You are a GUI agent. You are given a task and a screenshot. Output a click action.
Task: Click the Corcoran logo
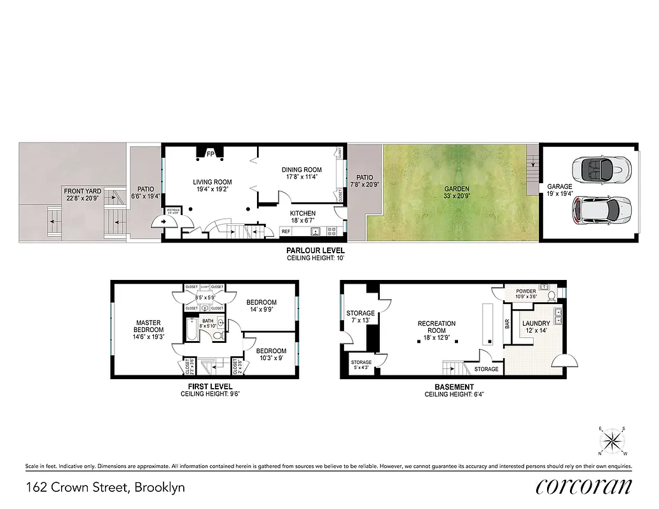click(584, 487)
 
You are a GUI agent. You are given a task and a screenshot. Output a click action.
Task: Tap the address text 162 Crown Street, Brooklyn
click(106, 488)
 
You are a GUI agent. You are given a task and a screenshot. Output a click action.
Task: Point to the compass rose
click(613, 441)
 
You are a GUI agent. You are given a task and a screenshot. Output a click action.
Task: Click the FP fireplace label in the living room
click(209, 154)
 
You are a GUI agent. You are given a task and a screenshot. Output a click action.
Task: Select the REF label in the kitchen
click(286, 231)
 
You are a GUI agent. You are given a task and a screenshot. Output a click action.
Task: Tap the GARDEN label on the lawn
click(457, 189)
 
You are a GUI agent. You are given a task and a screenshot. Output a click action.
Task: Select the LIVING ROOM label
click(212, 183)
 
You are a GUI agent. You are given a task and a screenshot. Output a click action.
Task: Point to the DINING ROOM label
click(302, 170)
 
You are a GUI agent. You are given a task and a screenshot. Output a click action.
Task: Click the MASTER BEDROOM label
click(148, 326)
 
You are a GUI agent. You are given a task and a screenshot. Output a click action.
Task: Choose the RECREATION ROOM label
click(436, 324)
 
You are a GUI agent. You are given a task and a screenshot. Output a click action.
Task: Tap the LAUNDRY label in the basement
click(536, 324)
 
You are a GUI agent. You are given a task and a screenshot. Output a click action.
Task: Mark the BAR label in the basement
click(507, 324)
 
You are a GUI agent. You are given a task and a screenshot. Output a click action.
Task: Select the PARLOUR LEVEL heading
click(316, 251)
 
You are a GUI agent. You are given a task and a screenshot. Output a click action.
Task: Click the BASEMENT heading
click(454, 387)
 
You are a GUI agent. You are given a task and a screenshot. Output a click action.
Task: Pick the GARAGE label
click(560, 187)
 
